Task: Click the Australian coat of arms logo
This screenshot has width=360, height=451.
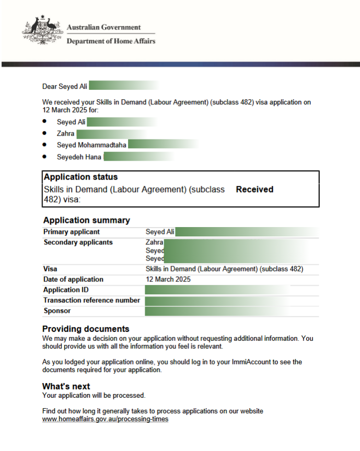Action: [42, 32]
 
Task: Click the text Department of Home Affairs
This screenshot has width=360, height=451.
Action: [111, 41]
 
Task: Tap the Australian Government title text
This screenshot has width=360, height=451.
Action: [103, 27]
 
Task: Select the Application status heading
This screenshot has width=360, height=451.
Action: [80, 177]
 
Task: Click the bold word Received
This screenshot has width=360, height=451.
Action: [254, 189]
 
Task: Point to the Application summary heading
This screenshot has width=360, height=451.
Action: [86, 220]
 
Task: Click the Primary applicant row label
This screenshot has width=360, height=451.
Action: [71, 232]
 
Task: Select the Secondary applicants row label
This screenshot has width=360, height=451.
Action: [78, 242]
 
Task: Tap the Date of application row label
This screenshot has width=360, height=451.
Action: [73, 279]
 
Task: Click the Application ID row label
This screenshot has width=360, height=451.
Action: [66, 290]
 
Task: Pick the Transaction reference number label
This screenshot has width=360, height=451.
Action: [91, 300]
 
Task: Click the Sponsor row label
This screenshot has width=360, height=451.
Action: [57, 311]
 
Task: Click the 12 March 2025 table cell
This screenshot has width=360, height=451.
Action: [168, 279]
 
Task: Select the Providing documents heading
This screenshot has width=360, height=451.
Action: [86, 329]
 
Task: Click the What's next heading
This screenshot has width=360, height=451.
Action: [66, 386]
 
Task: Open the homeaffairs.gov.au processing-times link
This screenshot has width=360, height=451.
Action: [105, 419]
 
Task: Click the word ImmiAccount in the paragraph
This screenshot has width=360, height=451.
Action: [240, 362]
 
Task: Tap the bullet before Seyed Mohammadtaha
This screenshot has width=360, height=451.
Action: [45, 145]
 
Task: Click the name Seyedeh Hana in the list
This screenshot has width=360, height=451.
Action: [79, 157]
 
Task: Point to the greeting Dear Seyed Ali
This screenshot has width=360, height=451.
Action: [65, 86]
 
